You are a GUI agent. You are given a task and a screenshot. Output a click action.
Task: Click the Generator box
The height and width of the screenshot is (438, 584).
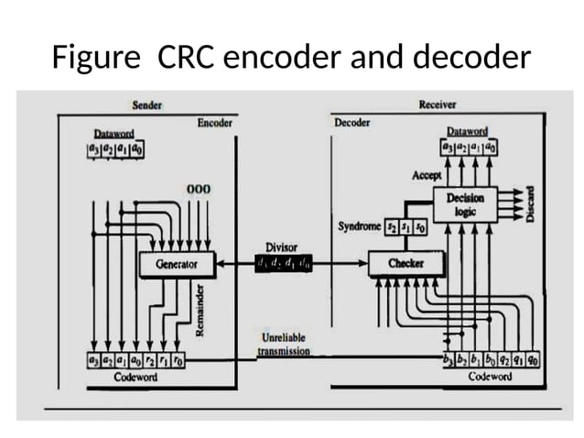[176, 264]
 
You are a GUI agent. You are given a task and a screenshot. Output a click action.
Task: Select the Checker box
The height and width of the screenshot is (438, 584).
[406, 264]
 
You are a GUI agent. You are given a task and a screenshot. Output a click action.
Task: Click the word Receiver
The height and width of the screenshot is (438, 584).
[437, 104]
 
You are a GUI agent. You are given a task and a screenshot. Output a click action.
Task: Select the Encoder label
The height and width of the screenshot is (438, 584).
[215, 123]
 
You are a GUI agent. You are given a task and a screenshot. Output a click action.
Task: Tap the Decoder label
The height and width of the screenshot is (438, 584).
[352, 123]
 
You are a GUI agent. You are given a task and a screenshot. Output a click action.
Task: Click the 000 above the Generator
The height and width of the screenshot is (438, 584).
[198, 189]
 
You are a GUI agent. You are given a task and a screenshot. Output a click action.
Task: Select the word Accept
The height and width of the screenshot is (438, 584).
[427, 174]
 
